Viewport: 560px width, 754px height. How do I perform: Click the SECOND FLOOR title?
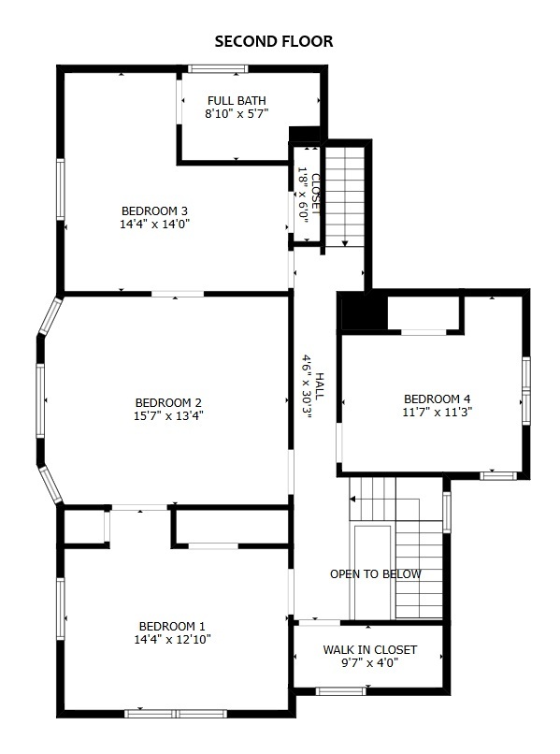(274, 41)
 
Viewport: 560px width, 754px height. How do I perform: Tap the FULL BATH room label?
(237, 101)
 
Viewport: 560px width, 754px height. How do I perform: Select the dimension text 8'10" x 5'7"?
(237, 114)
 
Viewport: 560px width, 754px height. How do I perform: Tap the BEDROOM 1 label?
(172, 627)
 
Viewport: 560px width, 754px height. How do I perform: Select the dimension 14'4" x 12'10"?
(172, 640)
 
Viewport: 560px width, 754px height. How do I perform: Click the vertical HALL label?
(319, 387)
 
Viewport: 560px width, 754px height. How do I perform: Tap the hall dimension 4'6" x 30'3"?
(306, 387)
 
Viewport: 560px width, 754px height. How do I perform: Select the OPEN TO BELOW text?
(375, 574)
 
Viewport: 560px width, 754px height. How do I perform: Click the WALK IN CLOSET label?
(369, 650)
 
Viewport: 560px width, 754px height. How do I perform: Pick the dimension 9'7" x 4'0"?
(369, 663)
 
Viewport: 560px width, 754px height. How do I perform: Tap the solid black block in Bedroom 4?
(363, 312)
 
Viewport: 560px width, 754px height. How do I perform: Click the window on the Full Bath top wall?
(217, 68)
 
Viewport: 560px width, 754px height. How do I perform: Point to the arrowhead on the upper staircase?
(346, 243)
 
